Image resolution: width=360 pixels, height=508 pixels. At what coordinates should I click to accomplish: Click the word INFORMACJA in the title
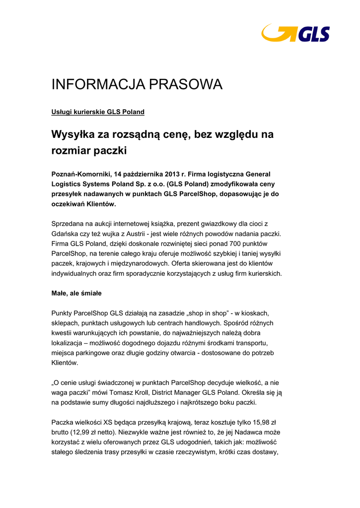click(x=95, y=85)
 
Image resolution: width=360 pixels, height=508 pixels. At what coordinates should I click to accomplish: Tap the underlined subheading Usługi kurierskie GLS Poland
click(x=98, y=112)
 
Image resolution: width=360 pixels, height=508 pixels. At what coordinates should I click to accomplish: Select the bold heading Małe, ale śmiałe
click(x=76, y=293)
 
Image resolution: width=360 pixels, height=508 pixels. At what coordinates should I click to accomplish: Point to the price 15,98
click(x=260, y=422)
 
